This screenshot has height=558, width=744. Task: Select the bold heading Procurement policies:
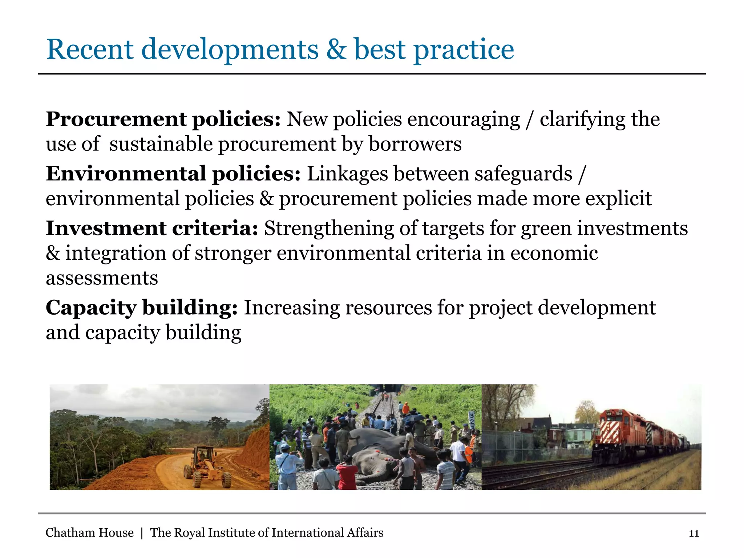tap(163, 119)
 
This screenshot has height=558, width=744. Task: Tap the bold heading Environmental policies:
tap(173, 174)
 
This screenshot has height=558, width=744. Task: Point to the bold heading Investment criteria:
tap(152, 228)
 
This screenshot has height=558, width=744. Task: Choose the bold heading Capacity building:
tap(142, 308)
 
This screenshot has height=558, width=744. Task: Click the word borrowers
tap(415, 144)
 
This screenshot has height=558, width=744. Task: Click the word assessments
tap(102, 278)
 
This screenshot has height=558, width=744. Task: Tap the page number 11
tap(694, 533)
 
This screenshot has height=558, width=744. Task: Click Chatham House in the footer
tap(89, 533)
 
